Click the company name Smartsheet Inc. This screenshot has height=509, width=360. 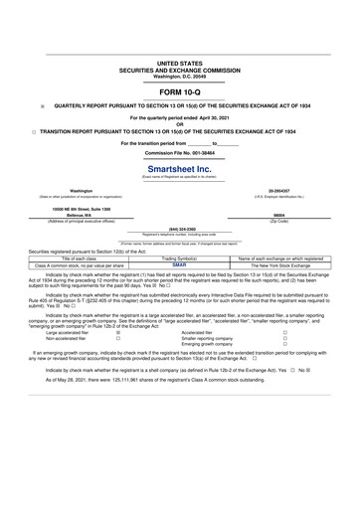pyautogui.click(x=179, y=169)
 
